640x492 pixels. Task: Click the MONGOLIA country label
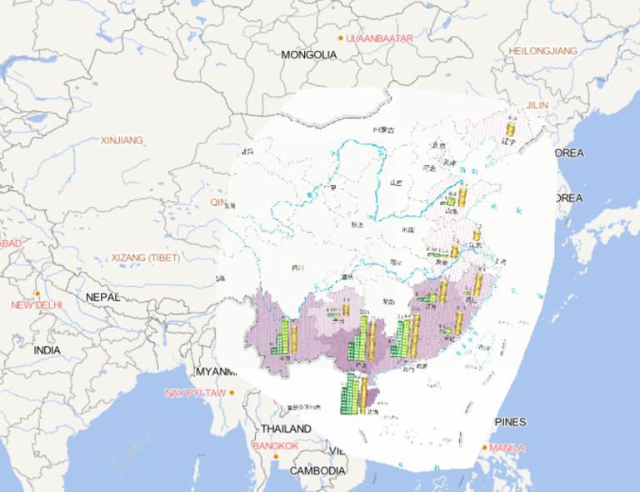308,54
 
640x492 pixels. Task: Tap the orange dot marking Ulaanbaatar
340,38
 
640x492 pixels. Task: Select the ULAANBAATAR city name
379,38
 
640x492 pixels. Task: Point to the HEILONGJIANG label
542,51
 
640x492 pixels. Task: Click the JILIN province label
537,105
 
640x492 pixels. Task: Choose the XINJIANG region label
122,140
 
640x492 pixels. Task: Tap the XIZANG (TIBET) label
145,258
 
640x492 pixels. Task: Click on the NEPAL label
102,297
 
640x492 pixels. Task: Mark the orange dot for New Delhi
37,294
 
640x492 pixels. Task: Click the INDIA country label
47,350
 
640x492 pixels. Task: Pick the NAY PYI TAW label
195,393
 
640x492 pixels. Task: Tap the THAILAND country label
285,429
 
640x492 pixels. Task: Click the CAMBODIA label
317,470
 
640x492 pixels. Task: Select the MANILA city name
507,448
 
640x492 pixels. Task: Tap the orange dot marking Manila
485,448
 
